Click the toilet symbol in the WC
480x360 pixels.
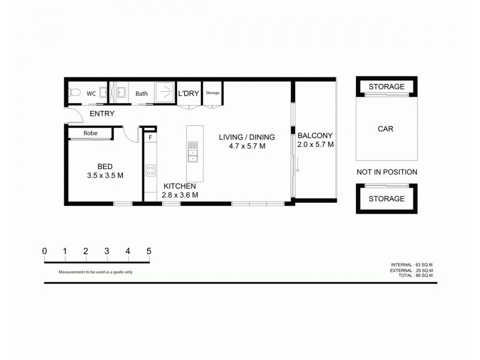(x=73, y=93)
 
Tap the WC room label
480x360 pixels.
(x=91, y=94)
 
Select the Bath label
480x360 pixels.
(x=142, y=94)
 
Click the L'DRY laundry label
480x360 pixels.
(x=188, y=94)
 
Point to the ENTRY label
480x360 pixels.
(x=102, y=114)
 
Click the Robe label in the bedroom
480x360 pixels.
(x=91, y=133)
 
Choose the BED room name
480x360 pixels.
(x=104, y=167)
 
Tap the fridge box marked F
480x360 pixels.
(x=150, y=137)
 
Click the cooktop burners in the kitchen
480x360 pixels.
(x=150, y=170)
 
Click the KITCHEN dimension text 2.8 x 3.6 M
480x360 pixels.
(x=181, y=195)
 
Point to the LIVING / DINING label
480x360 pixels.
(x=247, y=137)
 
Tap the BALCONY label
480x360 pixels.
(x=315, y=136)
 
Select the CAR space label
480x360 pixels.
(x=386, y=128)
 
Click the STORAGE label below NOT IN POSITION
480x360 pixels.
(x=386, y=199)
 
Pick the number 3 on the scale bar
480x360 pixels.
(x=107, y=251)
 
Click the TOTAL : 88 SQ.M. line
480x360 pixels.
(x=412, y=276)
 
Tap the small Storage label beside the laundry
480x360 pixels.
(x=212, y=93)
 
